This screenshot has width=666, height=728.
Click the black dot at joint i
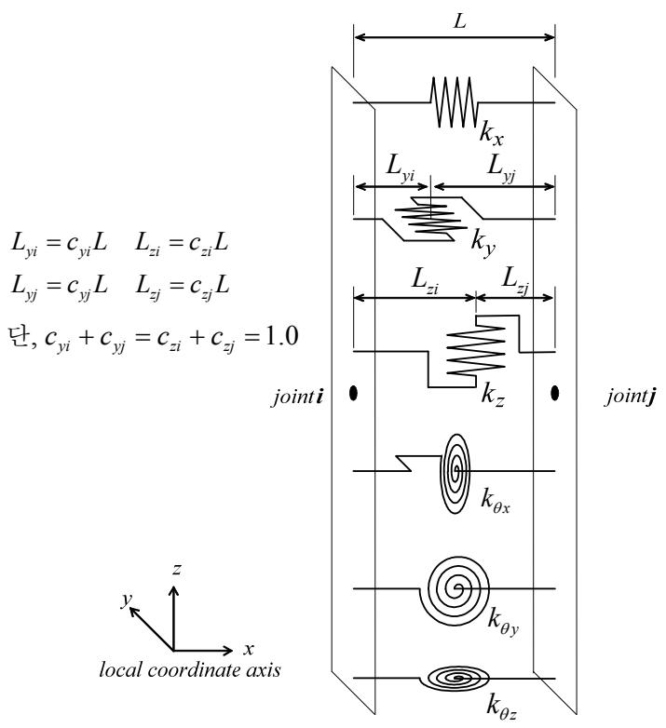pos(353,393)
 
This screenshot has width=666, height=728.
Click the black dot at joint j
pos(554,393)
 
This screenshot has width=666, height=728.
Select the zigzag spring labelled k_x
pos(455,101)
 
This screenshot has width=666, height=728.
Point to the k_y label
pos(483,242)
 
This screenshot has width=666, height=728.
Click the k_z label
pos(493,395)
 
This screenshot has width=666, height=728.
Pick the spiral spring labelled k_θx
pos(455,474)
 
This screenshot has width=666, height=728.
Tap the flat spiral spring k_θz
pos(455,679)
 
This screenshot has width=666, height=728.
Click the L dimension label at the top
pos(459,20)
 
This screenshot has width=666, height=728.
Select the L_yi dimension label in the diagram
pos(401,167)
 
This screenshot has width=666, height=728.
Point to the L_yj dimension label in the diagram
pos(501,167)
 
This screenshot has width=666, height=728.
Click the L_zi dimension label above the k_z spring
pos(425,280)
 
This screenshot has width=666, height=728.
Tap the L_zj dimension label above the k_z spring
pos(515,280)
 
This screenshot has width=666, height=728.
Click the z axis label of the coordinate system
pos(176,569)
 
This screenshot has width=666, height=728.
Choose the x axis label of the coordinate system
pos(249,649)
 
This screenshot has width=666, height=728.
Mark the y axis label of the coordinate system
pos(127,600)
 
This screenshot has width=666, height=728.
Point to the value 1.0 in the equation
pos(280,336)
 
